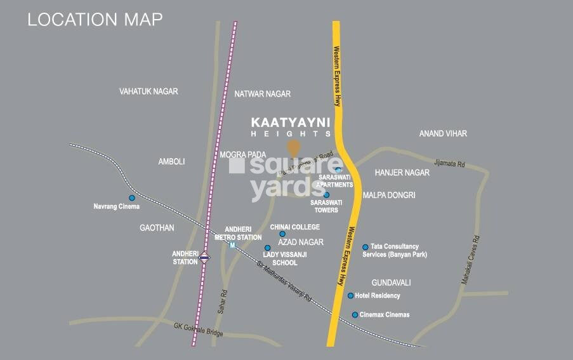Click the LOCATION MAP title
coord(95,19)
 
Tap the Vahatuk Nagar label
coord(148,91)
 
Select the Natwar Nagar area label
coord(262,94)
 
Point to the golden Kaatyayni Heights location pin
coord(293,148)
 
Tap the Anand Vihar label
coord(443,133)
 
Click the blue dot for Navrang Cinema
coord(132,197)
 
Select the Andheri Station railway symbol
coord(204,257)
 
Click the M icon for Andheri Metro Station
coord(232,245)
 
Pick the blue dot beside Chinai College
coord(282,234)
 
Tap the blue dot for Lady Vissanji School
coord(267,248)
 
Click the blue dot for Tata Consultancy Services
coord(365,247)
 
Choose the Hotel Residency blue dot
coord(350,295)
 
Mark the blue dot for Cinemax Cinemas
coord(355,314)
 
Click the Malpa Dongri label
coord(389,196)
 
